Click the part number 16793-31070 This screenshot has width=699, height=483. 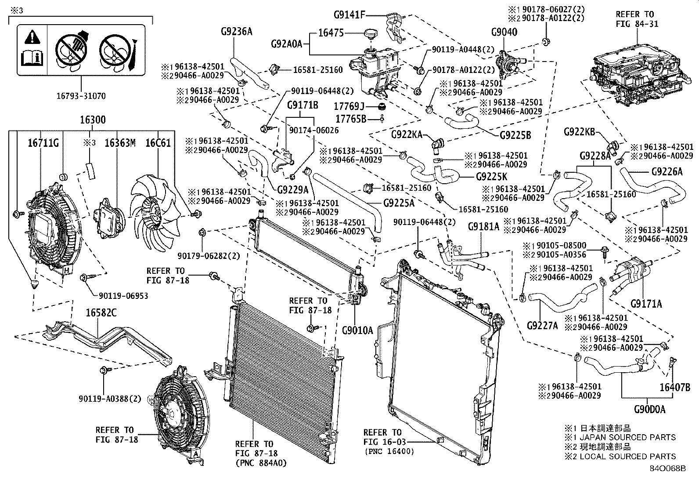tap(81, 96)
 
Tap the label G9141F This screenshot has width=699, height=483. tap(349, 15)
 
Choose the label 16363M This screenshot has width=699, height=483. tap(120, 143)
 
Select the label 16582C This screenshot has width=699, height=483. tap(101, 312)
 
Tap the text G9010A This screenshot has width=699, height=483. tap(357, 330)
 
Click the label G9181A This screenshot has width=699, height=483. tap(483, 227)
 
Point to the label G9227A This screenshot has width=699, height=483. tap(542, 325)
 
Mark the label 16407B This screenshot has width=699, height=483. tap(675, 387)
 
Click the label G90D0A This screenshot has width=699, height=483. tap(649, 409)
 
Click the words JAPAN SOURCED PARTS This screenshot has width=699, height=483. tap(628, 437)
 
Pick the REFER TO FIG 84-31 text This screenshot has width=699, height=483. tap(637, 19)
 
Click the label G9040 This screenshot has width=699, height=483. tap(504, 32)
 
